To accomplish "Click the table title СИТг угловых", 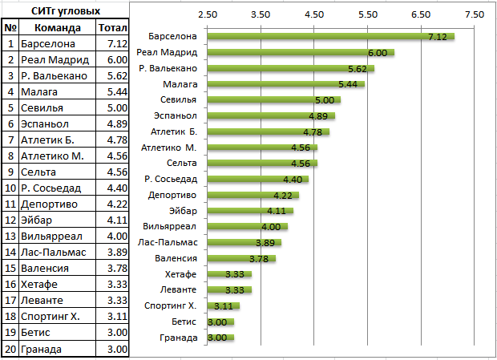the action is pos(66,11).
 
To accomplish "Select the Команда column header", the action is pos(58,28).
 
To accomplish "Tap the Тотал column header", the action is pos(113,28).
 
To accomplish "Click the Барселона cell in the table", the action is pos(48,44).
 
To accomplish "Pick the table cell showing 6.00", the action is pos(117,59).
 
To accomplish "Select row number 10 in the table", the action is pos(10,188).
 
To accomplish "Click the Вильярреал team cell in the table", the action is pos(51,237).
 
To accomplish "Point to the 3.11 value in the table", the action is pos(117,316).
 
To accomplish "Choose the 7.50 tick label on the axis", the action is pos(475,14).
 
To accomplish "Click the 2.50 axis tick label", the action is pos(208,14).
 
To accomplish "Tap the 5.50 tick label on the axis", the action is pos(368,14).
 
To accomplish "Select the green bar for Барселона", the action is pos(331,36).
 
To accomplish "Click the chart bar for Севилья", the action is pos(274,100).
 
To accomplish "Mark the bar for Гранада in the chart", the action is pos(220,338).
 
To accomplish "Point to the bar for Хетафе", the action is pos(229,274).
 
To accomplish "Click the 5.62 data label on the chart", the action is pos(358,69).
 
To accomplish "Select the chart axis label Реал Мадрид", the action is pos(167,52).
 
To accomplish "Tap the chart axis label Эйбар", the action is pos(183,211).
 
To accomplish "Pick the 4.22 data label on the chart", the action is pos(283,196).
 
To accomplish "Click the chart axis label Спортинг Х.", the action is pos(171,305).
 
